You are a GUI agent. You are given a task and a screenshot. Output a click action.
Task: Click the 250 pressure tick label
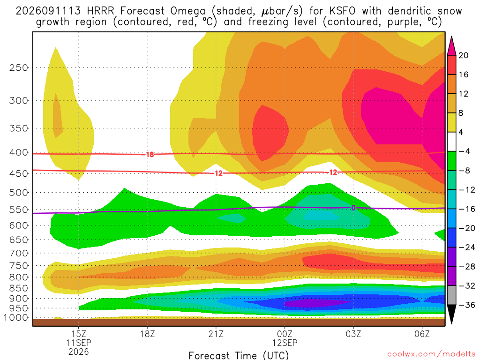pyautogui.click(x=19, y=67)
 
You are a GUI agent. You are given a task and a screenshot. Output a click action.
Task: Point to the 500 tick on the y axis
pyautogui.click(x=19, y=193)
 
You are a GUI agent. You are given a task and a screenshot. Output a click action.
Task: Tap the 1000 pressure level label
pyautogui.click(x=16, y=317)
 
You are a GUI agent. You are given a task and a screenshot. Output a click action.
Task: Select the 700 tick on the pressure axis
pyautogui.click(x=19, y=253)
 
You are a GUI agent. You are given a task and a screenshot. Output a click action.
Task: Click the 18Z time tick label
pyautogui.click(x=147, y=334)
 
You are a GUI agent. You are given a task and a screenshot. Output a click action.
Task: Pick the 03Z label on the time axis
pyautogui.click(x=353, y=334)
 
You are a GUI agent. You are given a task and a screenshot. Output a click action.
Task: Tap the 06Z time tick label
pyautogui.click(x=422, y=334)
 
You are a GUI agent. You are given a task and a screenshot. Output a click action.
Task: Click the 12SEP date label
pyautogui.click(x=285, y=343)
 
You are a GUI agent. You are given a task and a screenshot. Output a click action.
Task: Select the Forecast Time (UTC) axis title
pyautogui.click(x=239, y=355)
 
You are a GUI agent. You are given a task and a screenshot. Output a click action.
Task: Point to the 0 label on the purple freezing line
pyautogui.click(x=353, y=208)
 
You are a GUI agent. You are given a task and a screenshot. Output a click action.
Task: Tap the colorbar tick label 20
pyautogui.click(x=463, y=55)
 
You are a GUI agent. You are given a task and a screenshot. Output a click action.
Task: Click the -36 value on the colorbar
pyautogui.click(x=466, y=305)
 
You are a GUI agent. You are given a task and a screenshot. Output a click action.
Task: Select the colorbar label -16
pyautogui.click(x=466, y=209)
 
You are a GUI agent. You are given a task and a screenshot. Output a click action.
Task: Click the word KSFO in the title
pyautogui.click(x=342, y=11)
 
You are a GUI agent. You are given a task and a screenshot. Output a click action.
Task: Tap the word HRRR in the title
pyautogui.click(x=100, y=11)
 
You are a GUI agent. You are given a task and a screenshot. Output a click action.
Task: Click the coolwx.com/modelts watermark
pyautogui.click(x=431, y=354)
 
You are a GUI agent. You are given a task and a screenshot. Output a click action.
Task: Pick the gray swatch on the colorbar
pyautogui.click(x=451, y=295)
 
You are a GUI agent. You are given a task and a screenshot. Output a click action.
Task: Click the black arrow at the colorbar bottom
pyautogui.click(x=451, y=314)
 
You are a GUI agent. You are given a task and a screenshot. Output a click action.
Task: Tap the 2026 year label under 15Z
pyautogui.click(x=79, y=352)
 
